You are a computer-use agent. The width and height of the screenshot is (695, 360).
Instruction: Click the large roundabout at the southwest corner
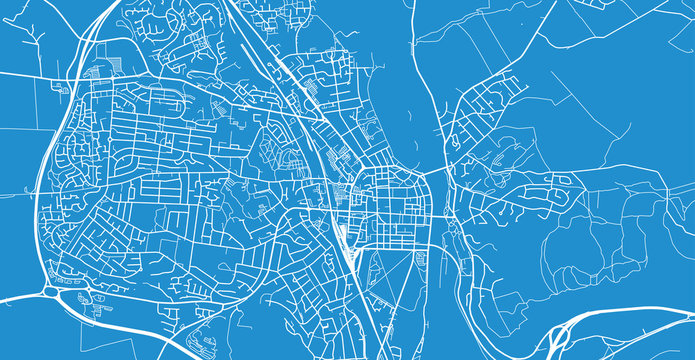pos(52,291)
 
